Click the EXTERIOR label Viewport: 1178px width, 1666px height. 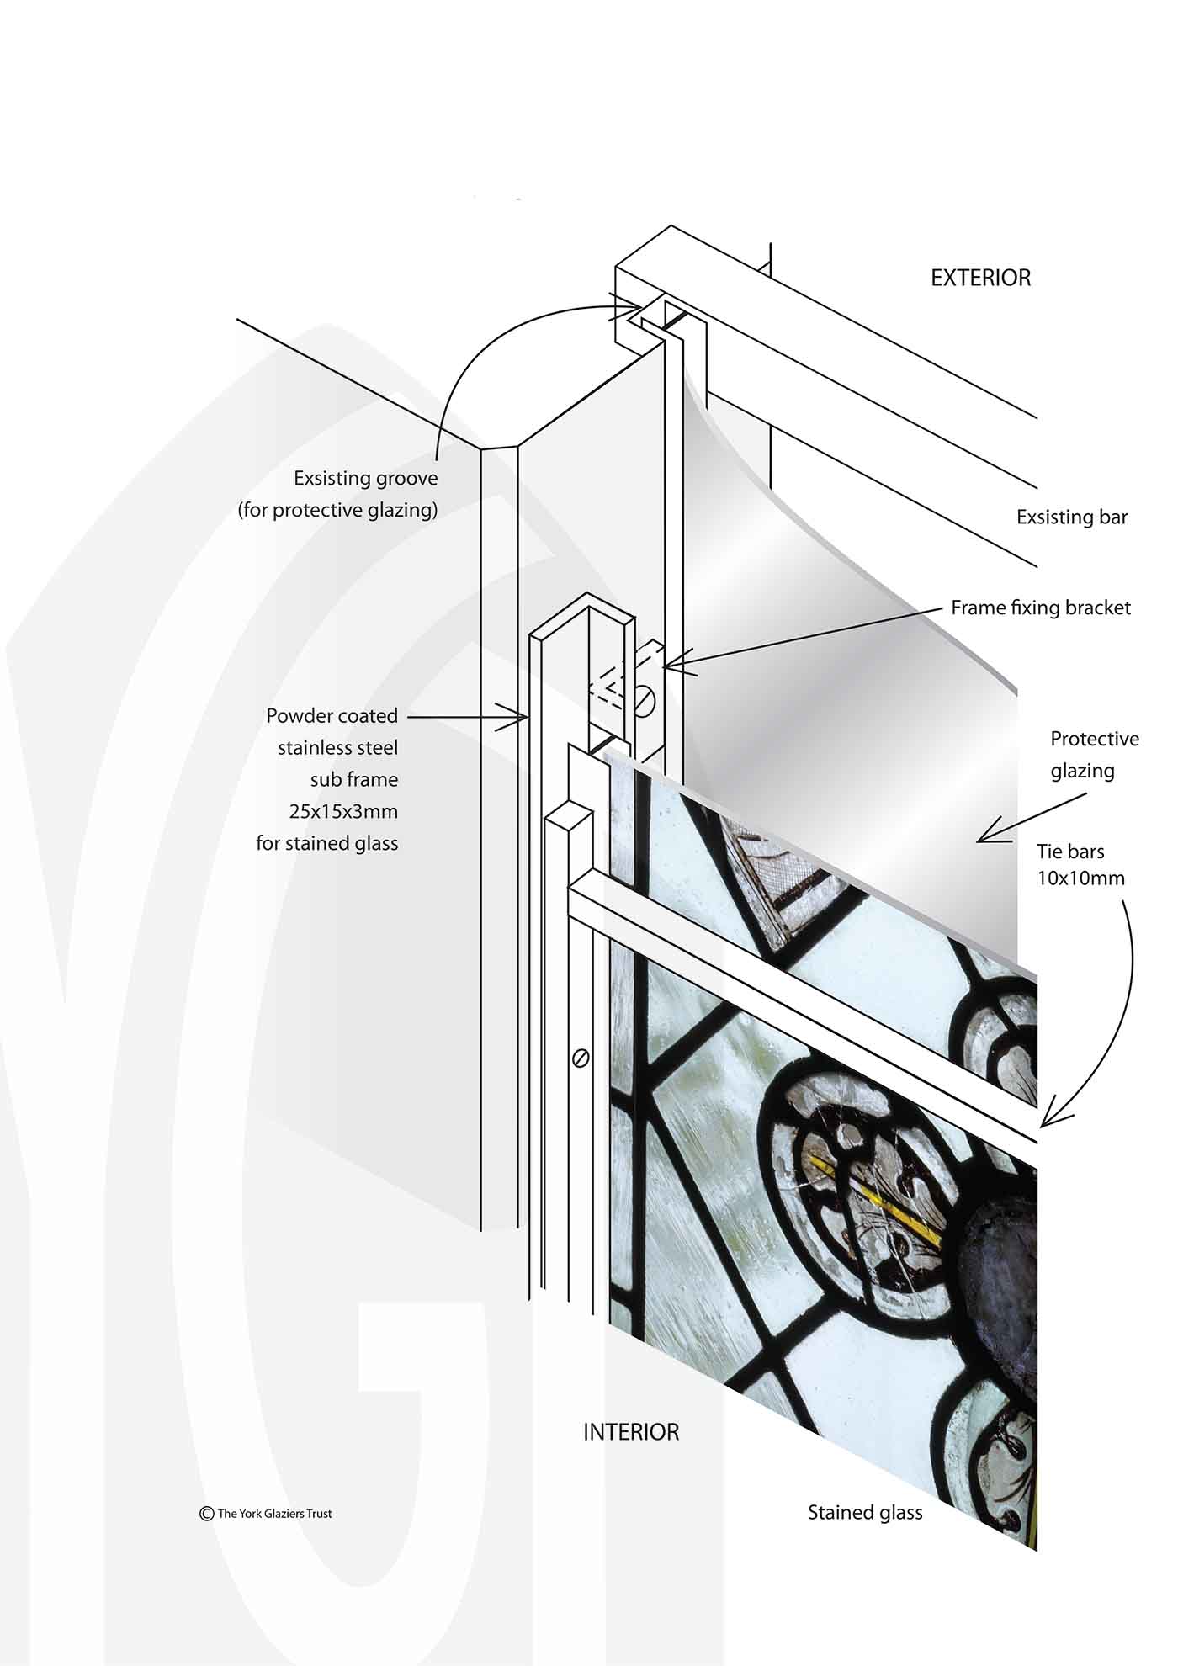point(980,278)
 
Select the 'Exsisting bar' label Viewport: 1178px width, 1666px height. point(1072,517)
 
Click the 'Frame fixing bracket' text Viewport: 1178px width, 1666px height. point(1041,608)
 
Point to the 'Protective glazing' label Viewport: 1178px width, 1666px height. point(1094,755)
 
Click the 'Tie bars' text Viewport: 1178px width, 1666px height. point(1070,852)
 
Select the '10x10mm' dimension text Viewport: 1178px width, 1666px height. point(1080,878)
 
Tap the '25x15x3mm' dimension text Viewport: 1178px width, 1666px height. point(343,812)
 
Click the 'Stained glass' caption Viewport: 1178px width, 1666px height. point(865,1513)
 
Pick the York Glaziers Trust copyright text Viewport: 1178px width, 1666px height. point(266,1513)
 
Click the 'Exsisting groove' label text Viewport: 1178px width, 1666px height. point(365,479)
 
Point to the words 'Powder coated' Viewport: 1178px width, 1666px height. point(332,716)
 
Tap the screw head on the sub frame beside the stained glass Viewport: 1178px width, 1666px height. point(580,1058)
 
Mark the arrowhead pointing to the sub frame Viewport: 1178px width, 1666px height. point(515,717)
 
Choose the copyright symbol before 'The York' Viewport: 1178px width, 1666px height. point(206,1513)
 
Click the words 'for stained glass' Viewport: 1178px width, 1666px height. point(327,843)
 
